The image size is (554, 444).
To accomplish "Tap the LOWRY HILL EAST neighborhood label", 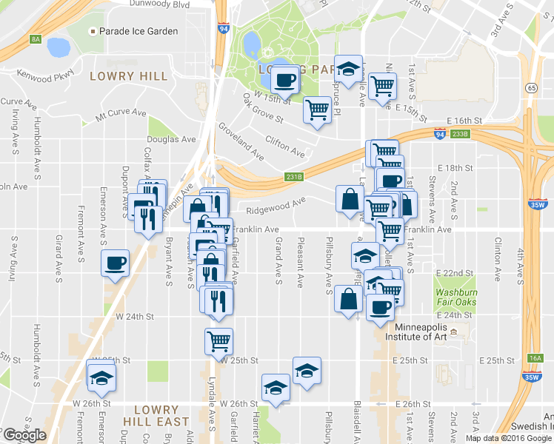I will coord(156,415).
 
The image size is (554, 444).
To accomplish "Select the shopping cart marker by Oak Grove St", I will coord(318,110).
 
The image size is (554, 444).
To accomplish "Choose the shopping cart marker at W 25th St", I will coord(218,340).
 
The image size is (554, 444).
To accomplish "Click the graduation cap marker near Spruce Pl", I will coord(347,70).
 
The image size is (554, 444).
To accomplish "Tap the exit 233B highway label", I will coord(460,134).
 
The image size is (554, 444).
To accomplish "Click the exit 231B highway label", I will coord(293,177).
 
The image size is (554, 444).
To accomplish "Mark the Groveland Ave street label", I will coord(241,141).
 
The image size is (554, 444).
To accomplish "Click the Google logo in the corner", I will coord(24,435).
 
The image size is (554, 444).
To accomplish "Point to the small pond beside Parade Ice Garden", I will coord(58,48).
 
